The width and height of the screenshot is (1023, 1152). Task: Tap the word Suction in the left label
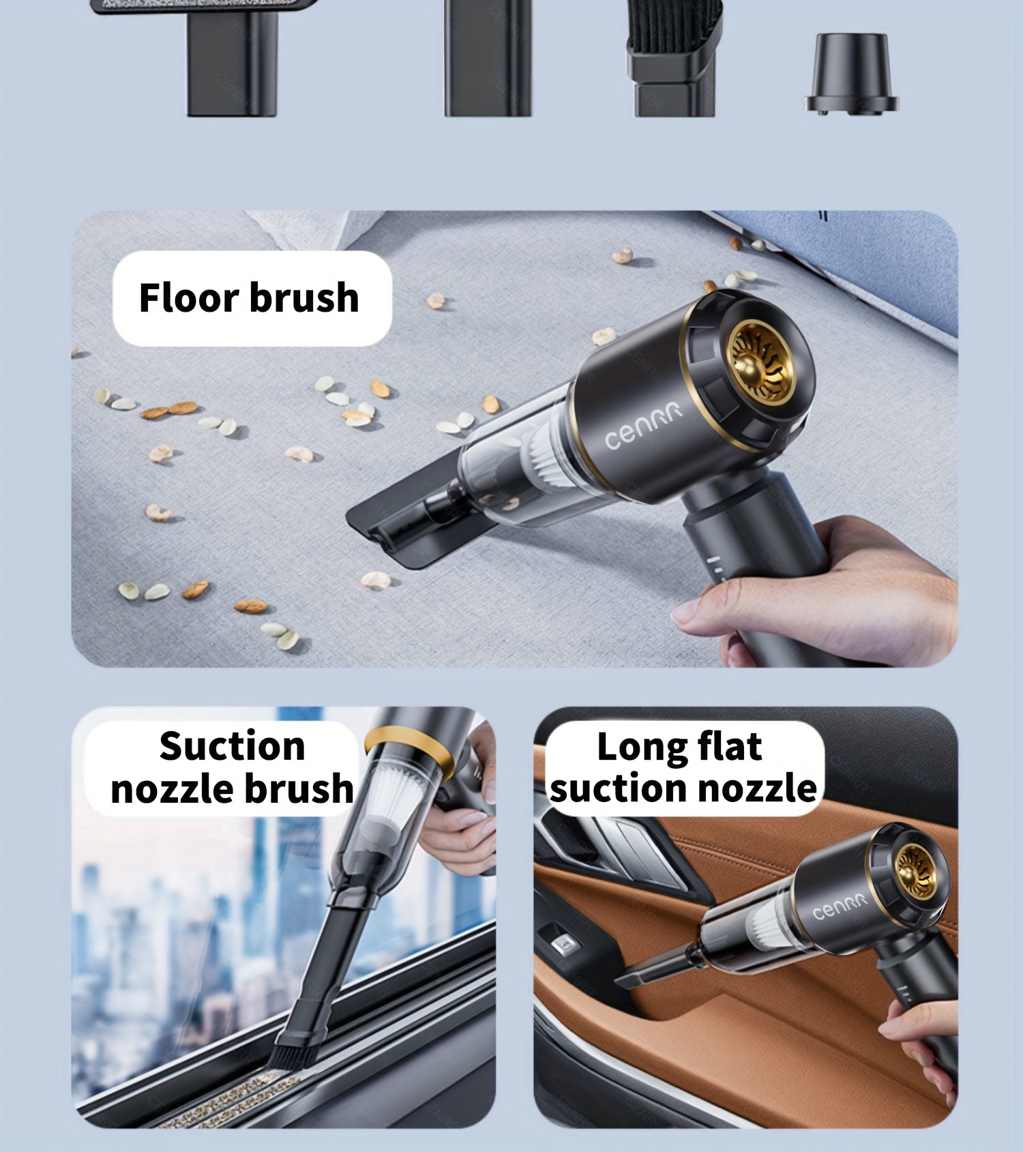(232, 745)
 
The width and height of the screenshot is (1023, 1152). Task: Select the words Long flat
(679, 746)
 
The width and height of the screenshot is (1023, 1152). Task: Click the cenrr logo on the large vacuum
(642, 426)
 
